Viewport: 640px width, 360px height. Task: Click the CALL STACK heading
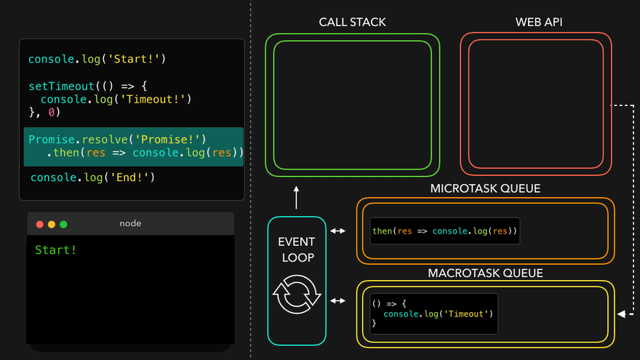click(x=353, y=22)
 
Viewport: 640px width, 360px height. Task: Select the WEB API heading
click(x=539, y=22)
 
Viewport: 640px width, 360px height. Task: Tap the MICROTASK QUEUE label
click(x=485, y=188)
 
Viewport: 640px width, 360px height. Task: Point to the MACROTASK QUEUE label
click(x=485, y=273)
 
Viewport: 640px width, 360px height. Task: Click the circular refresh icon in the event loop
click(x=297, y=295)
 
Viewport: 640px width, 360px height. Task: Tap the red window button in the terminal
click(x=40, y=224)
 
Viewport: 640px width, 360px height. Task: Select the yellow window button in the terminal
click(x=52, y=224)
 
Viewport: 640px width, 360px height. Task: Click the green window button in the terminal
click(x=63, y=224)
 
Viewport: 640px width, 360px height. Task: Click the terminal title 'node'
click(x=130, y=224)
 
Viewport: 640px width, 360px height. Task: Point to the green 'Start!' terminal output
click(x=56, y=250)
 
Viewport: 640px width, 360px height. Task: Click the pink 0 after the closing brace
click(x=51, y=113)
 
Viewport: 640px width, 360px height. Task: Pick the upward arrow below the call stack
click(x=297, y=197)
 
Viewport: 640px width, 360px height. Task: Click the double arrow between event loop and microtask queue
click(x=338, y=231)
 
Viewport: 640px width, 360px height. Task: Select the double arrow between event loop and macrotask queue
click(x=338, y=300)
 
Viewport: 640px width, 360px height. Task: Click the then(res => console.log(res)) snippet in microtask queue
click(x=444, y=231)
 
